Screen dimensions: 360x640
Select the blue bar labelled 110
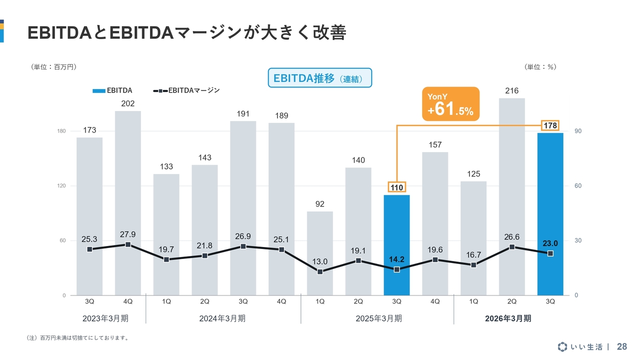(x=396, y=245)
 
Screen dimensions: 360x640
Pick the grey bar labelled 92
(x=320, y=253)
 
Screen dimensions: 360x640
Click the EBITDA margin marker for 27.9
(x=128, y=244)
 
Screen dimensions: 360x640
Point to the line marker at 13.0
(x=320, y=271)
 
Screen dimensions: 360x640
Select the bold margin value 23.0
(x=550, y=243)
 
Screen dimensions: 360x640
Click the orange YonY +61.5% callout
(x=450, y=104)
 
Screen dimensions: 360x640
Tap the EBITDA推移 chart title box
(x=320, y=78)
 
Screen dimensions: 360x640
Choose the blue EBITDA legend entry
(x=112, y=90)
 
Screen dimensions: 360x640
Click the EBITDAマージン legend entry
(x=187, y=90)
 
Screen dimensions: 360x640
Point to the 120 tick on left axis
(x=61, y=186)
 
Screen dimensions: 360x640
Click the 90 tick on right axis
(x=578, y=131)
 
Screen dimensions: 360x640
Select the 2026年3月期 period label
(x=508, y=318)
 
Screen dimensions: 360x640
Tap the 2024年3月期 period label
(x=222, y=318)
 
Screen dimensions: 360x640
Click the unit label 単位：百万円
(x=53, y=66)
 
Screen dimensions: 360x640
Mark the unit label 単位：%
(x=540, y=66)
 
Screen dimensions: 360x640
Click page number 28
(x=622, y=346)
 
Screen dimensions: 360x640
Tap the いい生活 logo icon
(x=562, y=346)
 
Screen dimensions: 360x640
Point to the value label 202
(x=128, y=103)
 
